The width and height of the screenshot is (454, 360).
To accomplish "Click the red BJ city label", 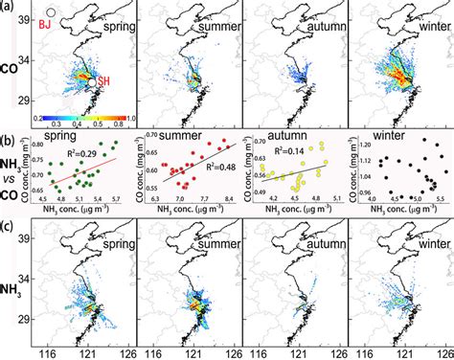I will point(42,28).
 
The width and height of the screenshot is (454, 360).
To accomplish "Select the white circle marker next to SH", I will point(92,84).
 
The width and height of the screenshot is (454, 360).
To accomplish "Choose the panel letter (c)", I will point(9,227).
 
